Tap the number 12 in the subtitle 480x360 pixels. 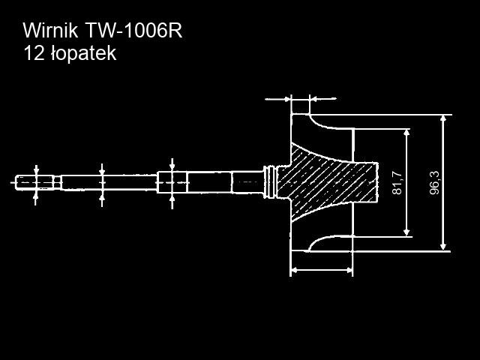coord(33,54)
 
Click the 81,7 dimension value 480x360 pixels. coord(397,182)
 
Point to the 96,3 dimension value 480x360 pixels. coord(434,182)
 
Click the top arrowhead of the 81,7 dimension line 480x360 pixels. coord(407,133)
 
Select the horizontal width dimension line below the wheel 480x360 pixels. coord(321,269)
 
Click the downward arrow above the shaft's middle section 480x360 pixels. coord(172,165)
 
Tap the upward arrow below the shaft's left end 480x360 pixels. coord(37,196)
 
